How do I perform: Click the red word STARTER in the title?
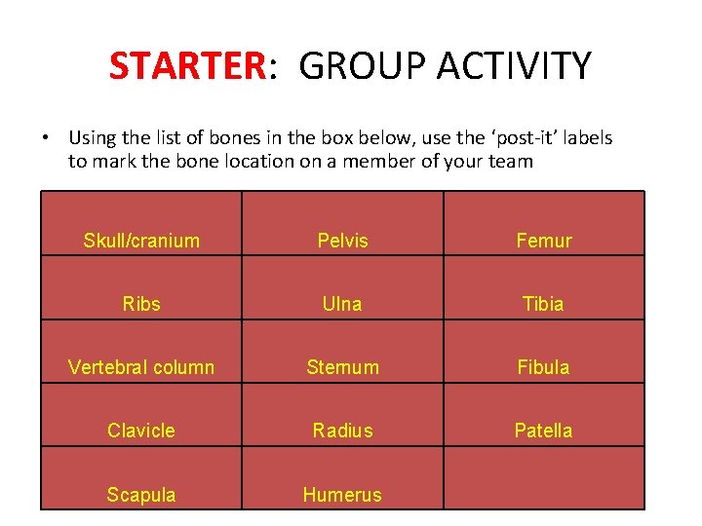pos(186,66)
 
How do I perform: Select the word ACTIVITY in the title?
pos(514,66)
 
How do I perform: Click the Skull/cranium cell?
pos(141,241)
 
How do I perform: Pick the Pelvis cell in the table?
pos(342,241)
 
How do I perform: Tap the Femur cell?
pos(543,241)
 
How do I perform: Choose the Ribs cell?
pos(141,304)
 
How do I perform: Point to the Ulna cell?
pos(342,304)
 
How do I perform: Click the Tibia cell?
pos(543,304)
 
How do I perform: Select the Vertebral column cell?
pos(141,367)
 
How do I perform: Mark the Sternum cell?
pos(342,367)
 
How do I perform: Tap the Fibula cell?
pos(543,367)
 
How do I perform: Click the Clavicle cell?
pos(141,431)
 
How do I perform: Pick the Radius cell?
pos(342,431)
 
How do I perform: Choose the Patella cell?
pos(543,431)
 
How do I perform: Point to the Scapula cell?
pos(141,495)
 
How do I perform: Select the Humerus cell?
pos(342,495)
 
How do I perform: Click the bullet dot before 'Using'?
pos(47,138)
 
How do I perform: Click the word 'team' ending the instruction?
pos(512,162)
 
